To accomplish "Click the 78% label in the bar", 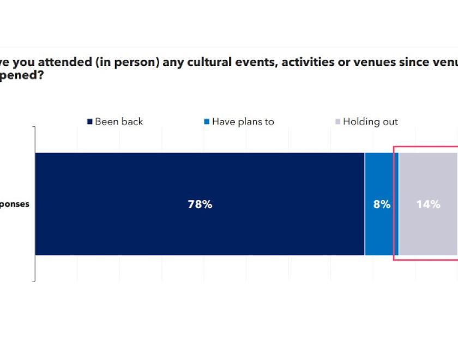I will tap(200, 205).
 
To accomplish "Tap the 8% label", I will tap(382, 205).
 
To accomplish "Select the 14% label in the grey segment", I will tap(428, 205).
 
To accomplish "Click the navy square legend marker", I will tap(90, 122).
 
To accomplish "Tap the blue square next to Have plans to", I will tap(207, 122).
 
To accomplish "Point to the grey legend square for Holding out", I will tap(338, 122).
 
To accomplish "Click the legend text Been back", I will tap(119, 122).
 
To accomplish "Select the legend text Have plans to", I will tap(243, 122).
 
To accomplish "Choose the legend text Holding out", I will tap(370, 122).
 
